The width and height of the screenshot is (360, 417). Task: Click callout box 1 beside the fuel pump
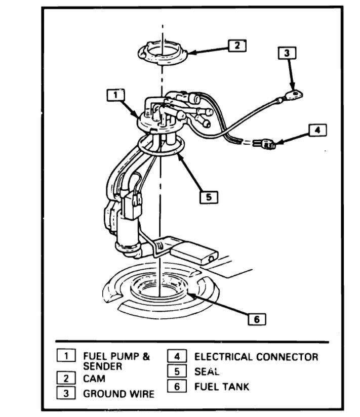click(115, 95)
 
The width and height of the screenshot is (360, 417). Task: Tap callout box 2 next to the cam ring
click(236, 46)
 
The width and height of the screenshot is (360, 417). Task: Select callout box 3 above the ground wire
click(287, 53)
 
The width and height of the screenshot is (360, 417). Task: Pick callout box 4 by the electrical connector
click(317, 130)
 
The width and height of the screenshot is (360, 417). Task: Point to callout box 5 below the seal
click(208, 197)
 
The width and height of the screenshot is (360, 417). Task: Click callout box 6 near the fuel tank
click(256, 319)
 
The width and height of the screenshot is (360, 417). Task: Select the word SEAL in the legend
click(207, 371)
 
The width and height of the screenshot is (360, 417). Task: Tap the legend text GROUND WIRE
click(118, 393)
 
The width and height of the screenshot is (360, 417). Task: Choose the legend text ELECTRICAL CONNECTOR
click(256, 357)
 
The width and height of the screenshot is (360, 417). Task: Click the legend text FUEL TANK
click(222, 387)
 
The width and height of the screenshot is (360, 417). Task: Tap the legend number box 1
click(66, 356)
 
